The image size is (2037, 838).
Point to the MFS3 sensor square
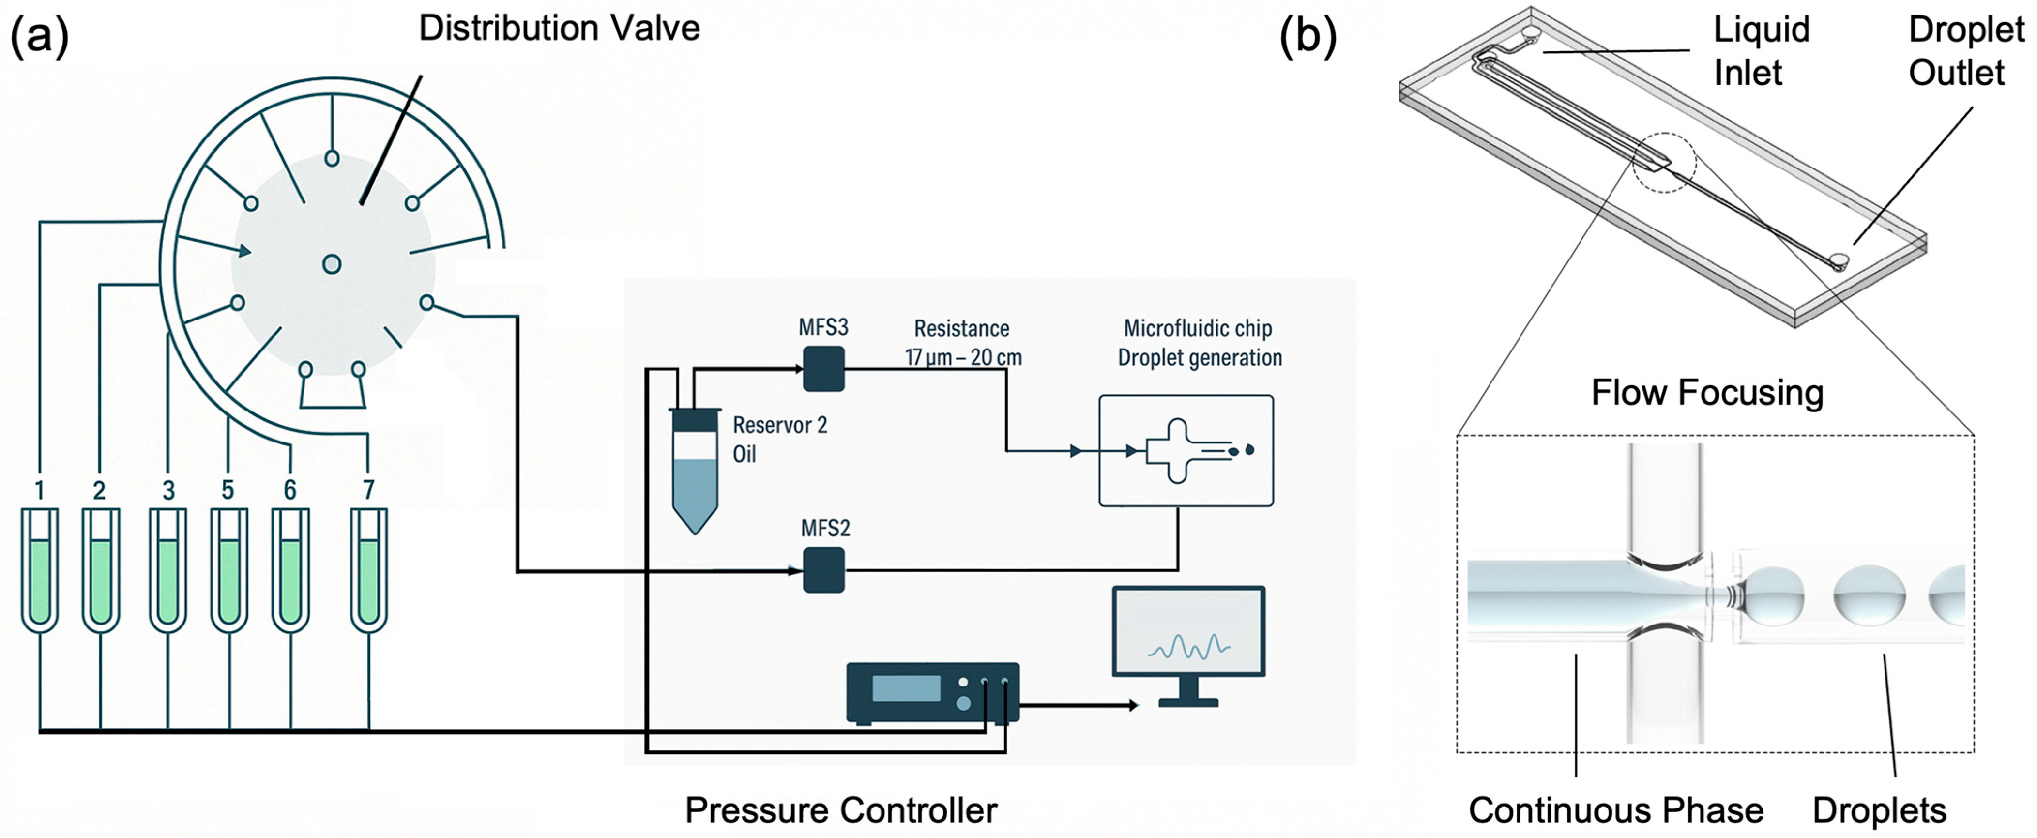(823, 368)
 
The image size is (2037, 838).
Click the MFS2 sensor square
(823, 570)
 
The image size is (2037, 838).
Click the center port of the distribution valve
(332, 264)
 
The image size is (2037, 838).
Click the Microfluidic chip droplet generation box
(1186, 451)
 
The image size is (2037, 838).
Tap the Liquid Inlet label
(1761, 51)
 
